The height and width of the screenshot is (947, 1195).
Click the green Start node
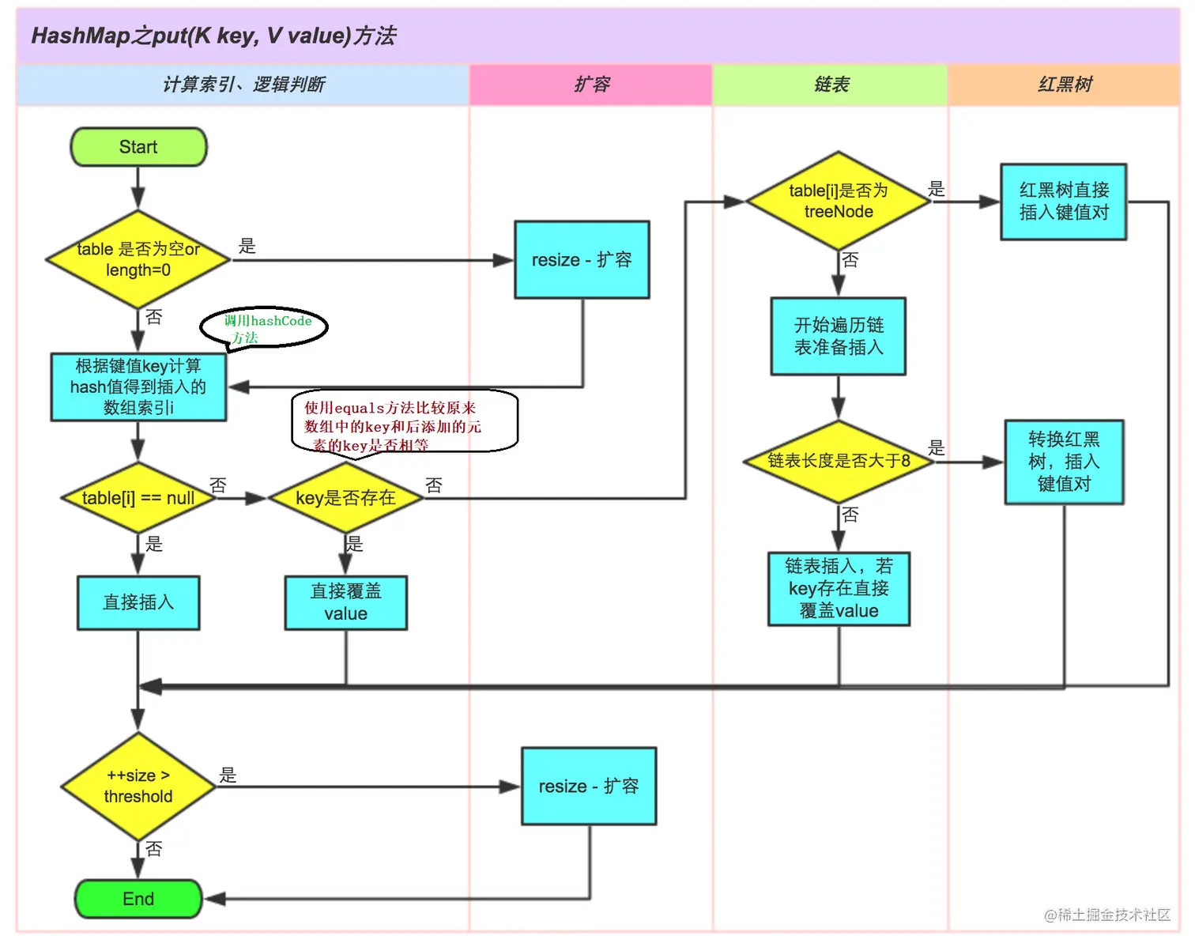(x=138, y=147)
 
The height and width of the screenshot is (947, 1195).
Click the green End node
(x=138, y=899)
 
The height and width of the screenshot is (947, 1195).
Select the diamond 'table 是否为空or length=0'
(x=138, y=259)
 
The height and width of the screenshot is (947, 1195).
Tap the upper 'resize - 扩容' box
(x=582, y=259)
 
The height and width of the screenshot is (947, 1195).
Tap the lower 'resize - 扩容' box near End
(x=589, y=786)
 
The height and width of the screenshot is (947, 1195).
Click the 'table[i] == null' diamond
(x=138, y=498)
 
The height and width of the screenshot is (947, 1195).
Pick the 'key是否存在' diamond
(x=345, y=498)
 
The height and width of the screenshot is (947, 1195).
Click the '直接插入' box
(x=138, y=602)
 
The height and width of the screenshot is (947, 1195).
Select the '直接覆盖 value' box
(x=345, y=602)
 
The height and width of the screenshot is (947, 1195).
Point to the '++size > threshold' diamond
(x=138, y=786)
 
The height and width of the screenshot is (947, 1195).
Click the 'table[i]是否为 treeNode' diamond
(x=839, y=201)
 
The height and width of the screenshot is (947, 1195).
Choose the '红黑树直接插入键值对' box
(x=1063, y=201)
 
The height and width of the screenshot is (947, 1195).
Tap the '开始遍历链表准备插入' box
(x=839, y=336)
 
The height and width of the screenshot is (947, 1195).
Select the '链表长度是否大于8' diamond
(x=839, y=460)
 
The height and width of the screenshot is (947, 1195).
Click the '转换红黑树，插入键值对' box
(x=1064, y=462)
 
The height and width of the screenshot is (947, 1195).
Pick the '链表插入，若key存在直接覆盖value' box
(x=839, y=588)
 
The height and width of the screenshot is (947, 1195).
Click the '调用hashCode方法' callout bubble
(x=265, y=326)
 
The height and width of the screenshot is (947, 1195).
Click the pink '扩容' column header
(x=591, y=85)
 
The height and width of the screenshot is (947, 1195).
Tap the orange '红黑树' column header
(x=1064, y=85)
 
